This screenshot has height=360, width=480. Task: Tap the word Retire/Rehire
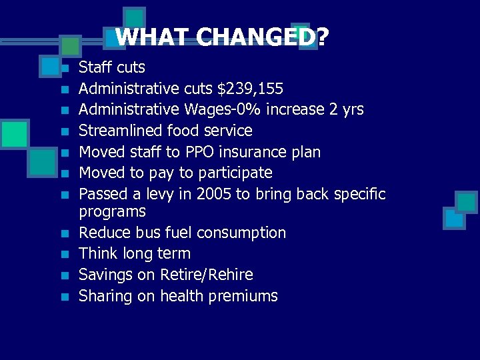207,275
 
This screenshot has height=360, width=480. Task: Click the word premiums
243,296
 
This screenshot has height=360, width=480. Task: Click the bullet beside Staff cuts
65,68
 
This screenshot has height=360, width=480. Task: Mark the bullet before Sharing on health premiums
65,297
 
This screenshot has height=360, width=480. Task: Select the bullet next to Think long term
65,255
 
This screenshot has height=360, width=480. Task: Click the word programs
112,212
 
